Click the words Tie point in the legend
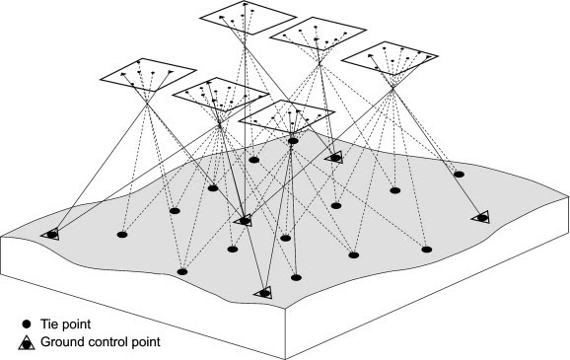(x=65, y=324)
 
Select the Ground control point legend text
(x=101, y=342)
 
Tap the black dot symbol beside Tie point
(x=27, y=324)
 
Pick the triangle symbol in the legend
(x=27, y=343)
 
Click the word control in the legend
(x=105, y=342)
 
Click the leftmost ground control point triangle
(x=50, y=235)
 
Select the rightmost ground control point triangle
(x=480, y=218)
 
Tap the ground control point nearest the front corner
(x=264, y=293)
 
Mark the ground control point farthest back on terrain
(x=334, y=158)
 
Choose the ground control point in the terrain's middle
(x=244, y=220)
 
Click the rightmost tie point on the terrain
(x=460, y=175)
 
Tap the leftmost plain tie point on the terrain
(x=122, y=235)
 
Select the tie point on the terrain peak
(x=293, y=141)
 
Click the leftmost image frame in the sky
(x=148, y=75)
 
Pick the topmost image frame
(x=248, y=18)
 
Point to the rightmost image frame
(x=390, y=58)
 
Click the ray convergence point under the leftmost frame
(x=147, y=104)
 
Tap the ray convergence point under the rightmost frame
(x=392, y=88)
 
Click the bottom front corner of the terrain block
(x=285, y=359)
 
